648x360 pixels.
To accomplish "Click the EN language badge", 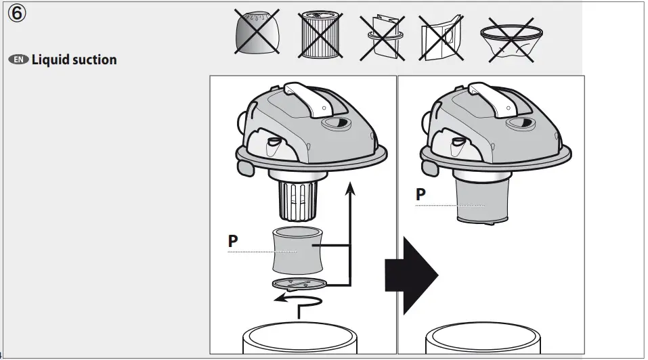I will (x=19, y=60).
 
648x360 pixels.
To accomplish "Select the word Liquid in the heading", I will (x=52, y=60).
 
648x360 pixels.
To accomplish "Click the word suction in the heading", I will (x=95, y=60).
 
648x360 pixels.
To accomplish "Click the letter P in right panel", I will (x=420, y=194).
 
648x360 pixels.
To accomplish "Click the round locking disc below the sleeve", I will (x=298, y=284).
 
